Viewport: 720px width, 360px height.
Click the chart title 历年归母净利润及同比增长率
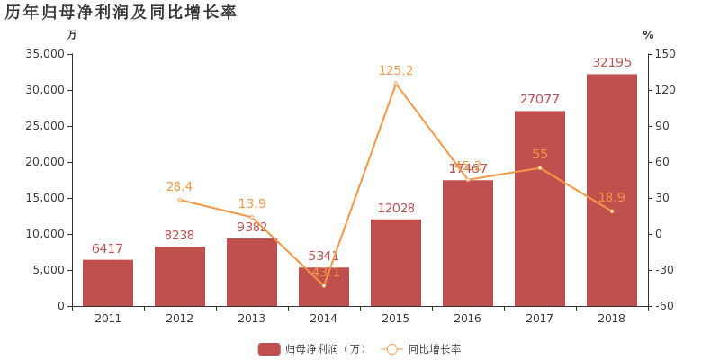(121, 12)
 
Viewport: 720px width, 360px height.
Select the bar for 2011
(108, 283)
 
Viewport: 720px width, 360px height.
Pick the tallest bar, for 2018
(612, 190)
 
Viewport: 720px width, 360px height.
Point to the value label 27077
(540, 99)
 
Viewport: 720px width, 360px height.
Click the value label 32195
(612, 62)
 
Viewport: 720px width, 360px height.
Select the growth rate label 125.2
(396, 70)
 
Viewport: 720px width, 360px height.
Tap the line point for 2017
(540, 167)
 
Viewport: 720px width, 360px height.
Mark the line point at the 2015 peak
(396, 83)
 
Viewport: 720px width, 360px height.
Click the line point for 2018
(612, 211)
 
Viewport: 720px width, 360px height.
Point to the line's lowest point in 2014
(324, 285)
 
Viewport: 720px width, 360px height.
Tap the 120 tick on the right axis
(664, 90)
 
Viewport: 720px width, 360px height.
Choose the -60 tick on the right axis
(664, 306)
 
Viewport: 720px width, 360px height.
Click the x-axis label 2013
(252, 319)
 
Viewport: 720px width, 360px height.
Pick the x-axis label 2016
(468, 319)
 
